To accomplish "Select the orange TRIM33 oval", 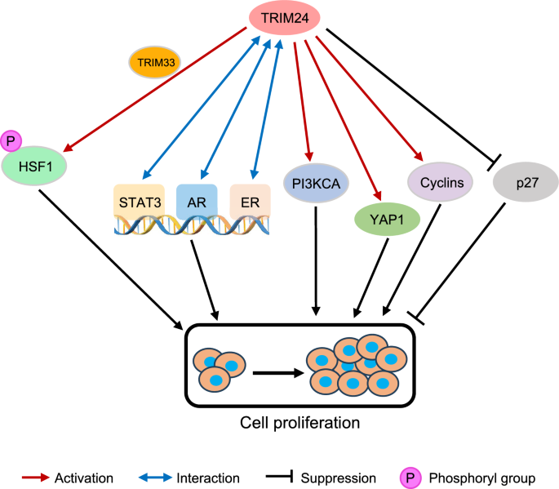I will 156,61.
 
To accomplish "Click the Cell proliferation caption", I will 289,423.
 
